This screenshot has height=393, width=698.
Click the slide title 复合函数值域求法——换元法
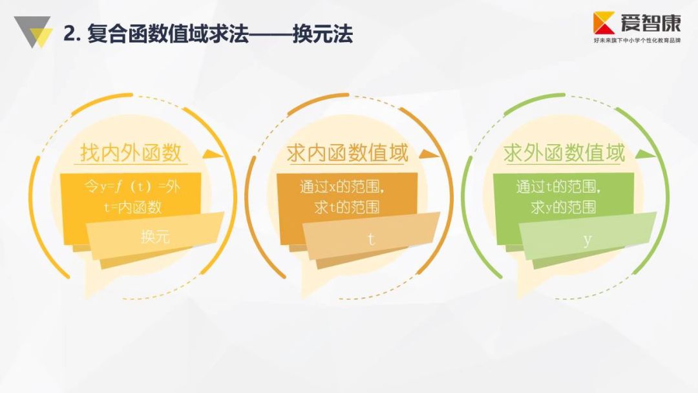click(208, 34)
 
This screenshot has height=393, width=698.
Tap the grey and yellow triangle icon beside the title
click(32, 32)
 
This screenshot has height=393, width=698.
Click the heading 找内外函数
click(130, 153)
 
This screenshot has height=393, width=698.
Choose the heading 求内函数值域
click(348, 153)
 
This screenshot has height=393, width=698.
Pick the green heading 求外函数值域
click(564, 153)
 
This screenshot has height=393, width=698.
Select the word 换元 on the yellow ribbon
click(155, 237)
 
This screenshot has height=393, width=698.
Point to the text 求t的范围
click(346, 207)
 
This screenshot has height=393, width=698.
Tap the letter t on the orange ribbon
click(371, 239)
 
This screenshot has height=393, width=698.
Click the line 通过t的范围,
click(560, 187)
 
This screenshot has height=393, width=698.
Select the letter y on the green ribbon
click(587, 240)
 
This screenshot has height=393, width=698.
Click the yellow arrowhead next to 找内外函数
click(211, 154)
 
